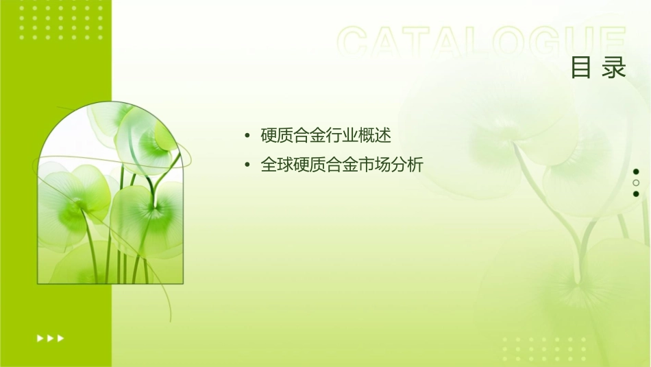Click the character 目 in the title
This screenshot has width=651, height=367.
click(580, 68)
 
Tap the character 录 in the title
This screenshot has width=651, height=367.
click(615, 68)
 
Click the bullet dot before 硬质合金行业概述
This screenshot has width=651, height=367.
click(247, 136)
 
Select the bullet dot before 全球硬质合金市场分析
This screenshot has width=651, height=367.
click(247, 166)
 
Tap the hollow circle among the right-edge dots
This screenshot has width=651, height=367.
click(636, 183)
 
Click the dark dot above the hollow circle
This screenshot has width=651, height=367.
click(636, 171)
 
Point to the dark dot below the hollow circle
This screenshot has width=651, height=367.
click(636, 194)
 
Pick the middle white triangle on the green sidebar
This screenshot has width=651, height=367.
click(50, 338)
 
